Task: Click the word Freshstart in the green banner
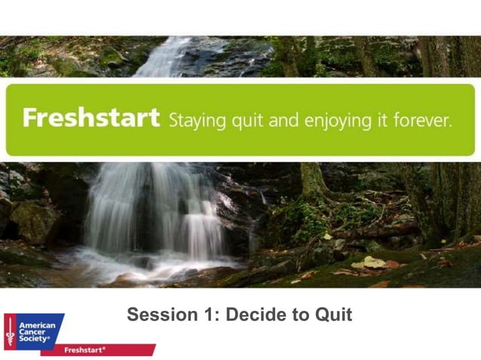(90, 118)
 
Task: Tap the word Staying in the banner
(193, 120)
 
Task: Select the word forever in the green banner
(424, 119)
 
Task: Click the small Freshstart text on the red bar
(84, 350)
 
